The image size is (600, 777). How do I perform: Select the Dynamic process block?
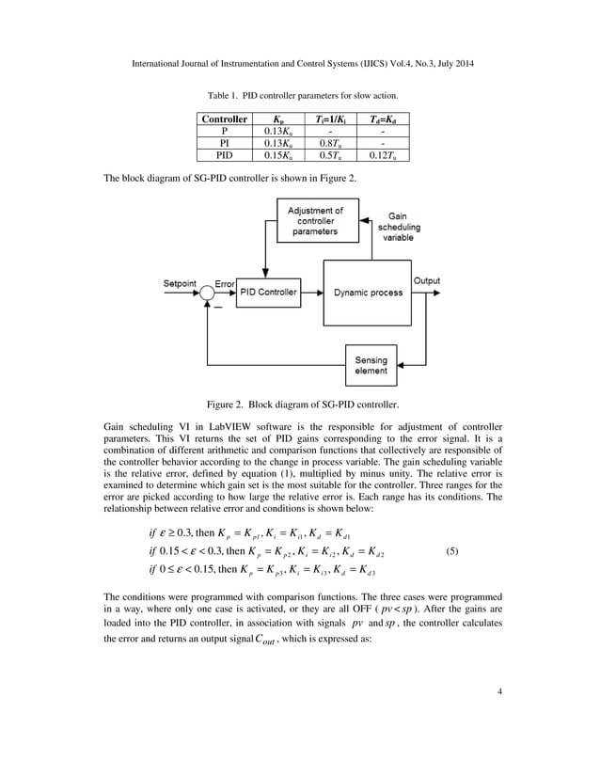click(x=367, y=293)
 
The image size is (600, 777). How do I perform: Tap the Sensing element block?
click(x=371, y=364)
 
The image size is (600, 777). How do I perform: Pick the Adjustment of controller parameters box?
click(x=315, y=221)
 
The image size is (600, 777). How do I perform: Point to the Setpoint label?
click(x=181, y=282)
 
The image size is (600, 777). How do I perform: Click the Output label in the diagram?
click(x=426, y=281)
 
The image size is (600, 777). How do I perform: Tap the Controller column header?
click(x=224, y=120)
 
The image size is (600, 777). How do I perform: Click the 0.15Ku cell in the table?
click(x=277, y=154)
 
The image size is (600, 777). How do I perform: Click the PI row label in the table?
click(x=224, y=143)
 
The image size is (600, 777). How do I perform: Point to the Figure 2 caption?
click(x=302, y=405)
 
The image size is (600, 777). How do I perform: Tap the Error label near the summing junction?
click(x=224, y=282)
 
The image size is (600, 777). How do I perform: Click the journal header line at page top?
click(x=299, y=62)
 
